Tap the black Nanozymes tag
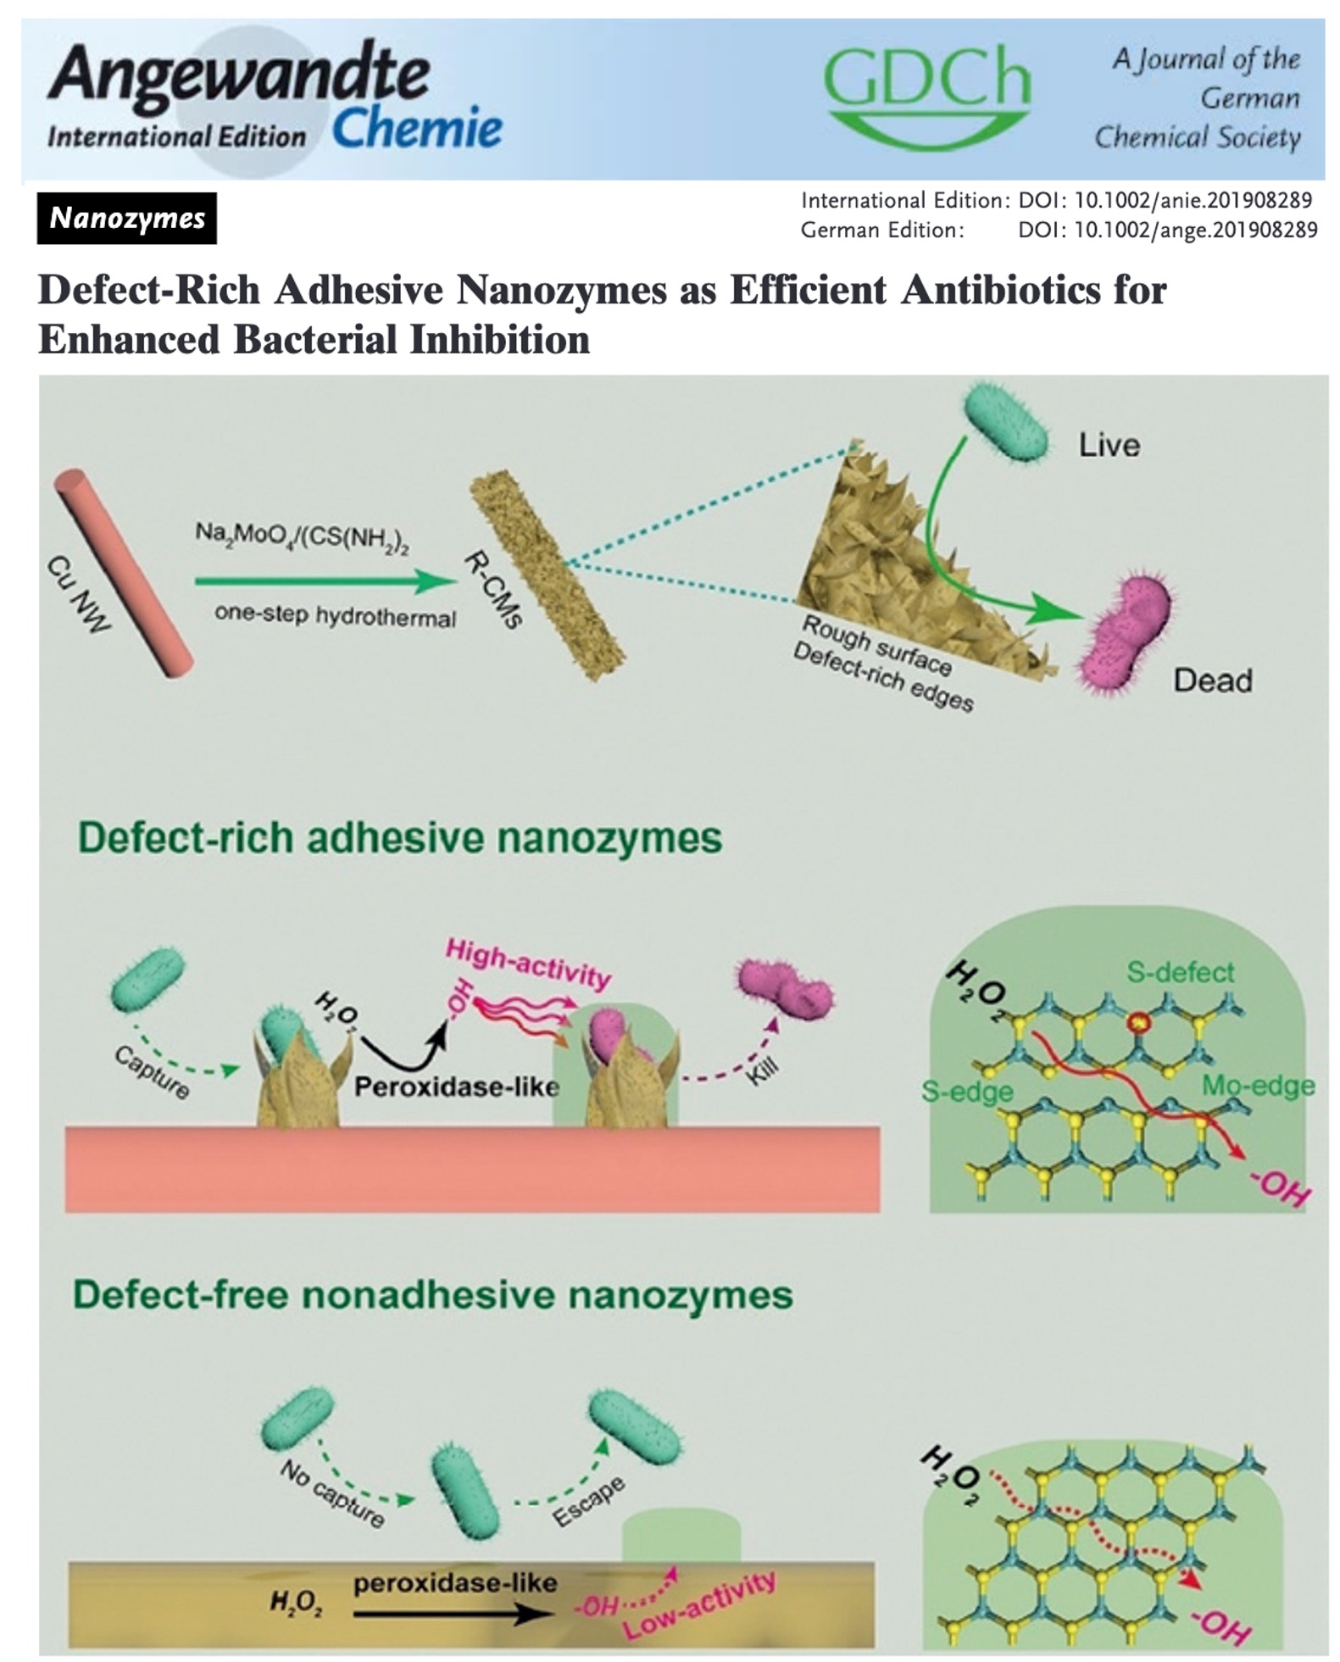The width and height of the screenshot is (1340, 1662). (126, 219)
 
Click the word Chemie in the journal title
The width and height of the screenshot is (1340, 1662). (417, 130)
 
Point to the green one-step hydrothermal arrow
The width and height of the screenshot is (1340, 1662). (325, 581)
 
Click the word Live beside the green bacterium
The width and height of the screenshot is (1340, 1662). (1108, 446)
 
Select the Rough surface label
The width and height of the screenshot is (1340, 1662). (876, 646)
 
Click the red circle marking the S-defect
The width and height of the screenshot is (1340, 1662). (1137, 1024)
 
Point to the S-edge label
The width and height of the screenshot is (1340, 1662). (967, 1092)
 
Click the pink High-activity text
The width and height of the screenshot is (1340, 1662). (528, 963)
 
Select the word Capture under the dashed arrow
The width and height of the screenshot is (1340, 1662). (151, 1071)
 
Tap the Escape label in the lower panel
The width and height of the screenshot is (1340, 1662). (589, 1501)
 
